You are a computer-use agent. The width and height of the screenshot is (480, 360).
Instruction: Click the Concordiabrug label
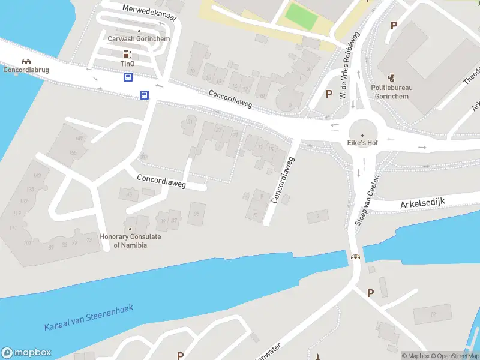[x=26, y=70]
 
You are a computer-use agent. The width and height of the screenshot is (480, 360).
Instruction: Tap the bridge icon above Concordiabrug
[x=26, y=61]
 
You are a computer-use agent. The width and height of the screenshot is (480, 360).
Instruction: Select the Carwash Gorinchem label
[x=139, y=39]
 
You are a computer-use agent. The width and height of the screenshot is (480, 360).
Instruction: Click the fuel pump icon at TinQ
[x=127, y=53]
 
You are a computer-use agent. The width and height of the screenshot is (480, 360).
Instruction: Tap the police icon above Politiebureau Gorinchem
[x=391, y=77]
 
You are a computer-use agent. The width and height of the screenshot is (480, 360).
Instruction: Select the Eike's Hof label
[x=362, y=143]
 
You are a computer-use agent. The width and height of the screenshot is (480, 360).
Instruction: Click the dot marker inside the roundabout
[x=362, y=134]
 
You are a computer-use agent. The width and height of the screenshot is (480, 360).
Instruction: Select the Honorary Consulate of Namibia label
[x=130, y=241]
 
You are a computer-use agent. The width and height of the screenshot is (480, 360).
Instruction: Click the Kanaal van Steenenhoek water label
[x=89, y=318]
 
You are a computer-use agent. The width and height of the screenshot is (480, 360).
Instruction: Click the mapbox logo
[x=26, y=353]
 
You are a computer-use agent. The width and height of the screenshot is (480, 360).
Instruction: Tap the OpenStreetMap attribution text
[x=454, y=356]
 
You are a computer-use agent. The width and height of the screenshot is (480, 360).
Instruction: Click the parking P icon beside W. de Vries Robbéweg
[x=328, y=94]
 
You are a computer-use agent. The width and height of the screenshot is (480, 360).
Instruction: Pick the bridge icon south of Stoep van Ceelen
[x=356, y=258]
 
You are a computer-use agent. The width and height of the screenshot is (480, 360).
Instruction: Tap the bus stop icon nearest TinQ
[x=128, y=77]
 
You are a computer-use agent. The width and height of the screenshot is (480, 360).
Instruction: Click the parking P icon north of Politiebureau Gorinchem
[x=394, y=25]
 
